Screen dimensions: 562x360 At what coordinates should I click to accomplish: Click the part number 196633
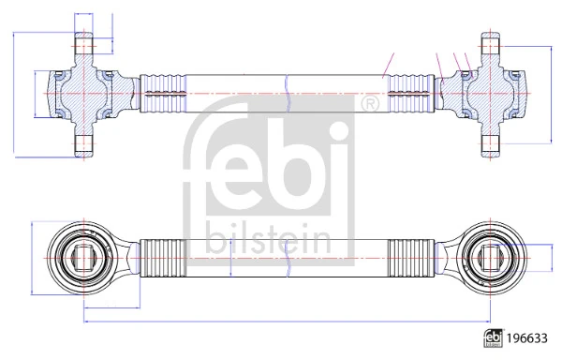tap(526, 338)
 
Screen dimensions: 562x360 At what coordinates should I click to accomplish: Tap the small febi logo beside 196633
tap(493, 338)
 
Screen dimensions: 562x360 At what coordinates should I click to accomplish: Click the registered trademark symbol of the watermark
tap(369, 104)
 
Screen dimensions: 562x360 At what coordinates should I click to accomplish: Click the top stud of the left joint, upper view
tap(84, 44)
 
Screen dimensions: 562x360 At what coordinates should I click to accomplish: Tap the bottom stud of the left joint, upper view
tap(84, 145)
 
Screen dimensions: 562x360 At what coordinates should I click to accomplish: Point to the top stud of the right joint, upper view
tap(490, 44)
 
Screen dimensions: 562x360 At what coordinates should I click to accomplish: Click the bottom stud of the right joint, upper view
tap(490, 145)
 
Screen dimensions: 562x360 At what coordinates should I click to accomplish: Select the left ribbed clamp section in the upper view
tap(163, 94)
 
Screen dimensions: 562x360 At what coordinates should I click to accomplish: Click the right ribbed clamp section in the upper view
tap(411, 94)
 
